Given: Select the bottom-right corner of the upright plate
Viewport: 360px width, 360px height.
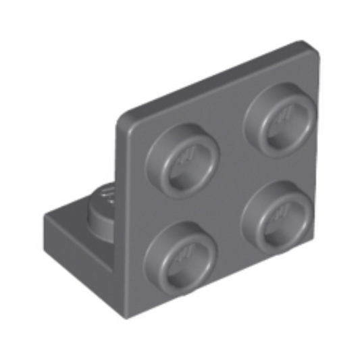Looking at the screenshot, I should (318, 236).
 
